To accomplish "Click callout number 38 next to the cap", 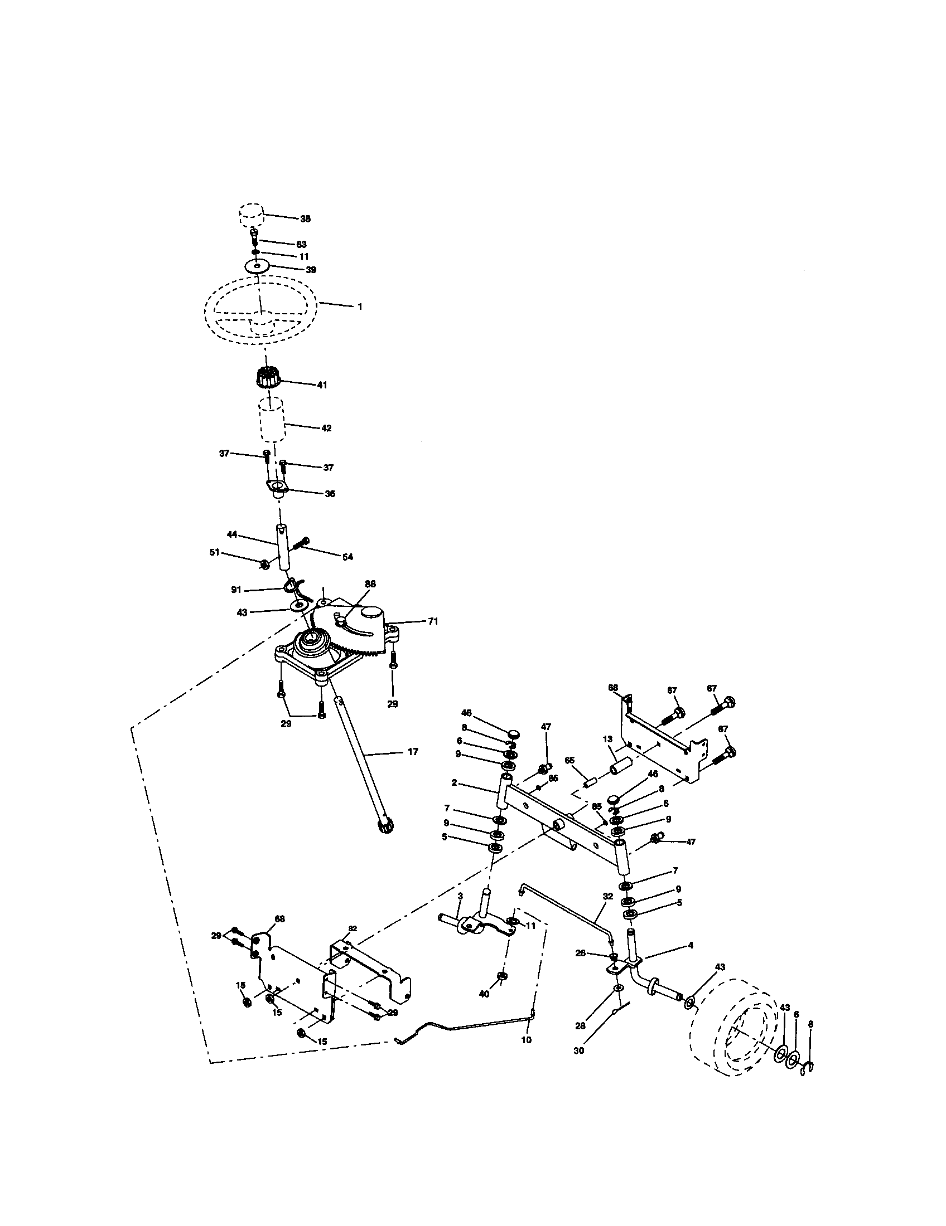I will (305, 219).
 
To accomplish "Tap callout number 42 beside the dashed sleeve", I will (326, 428).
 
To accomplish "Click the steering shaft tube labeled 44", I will (282, 546).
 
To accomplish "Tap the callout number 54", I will (347, 557).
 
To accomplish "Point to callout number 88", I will (370, 584).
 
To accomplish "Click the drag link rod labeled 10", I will (466, 1025).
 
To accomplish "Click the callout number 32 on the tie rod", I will (607, 897).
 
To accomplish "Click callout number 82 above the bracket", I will (352, 928).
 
